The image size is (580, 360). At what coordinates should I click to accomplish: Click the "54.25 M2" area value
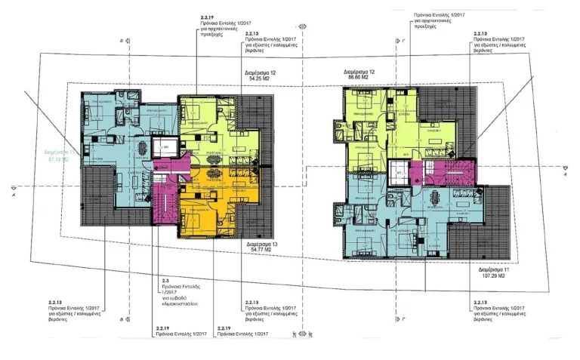259,78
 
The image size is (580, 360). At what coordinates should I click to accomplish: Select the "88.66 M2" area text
362,78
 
